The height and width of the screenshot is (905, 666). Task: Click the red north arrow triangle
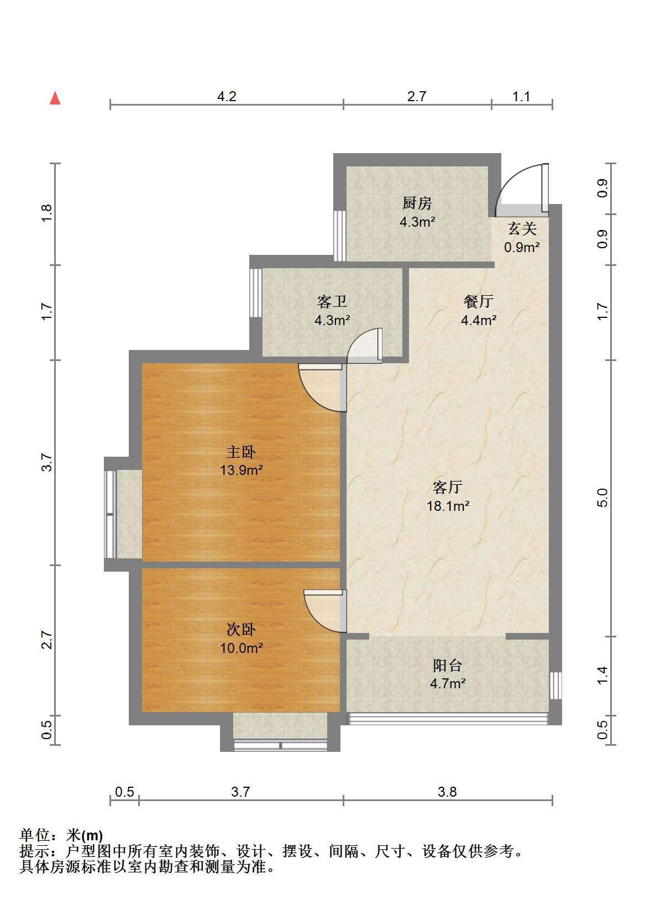[55, 98]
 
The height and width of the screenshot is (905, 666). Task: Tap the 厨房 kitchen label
[417, 203]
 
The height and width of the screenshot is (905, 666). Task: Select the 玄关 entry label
[522, 229]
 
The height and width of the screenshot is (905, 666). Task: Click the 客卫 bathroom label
[332, 301]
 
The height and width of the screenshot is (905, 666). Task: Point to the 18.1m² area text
[448, 505]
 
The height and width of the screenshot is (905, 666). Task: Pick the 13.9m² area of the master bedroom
[241, 470]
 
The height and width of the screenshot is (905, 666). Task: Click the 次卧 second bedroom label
[241, 630]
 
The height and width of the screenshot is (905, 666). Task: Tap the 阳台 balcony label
[448, 665]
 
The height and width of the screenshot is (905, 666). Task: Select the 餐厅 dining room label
[478, 301]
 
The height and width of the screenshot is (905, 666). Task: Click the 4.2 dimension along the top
[227, 97]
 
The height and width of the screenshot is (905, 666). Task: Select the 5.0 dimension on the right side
[602, 498]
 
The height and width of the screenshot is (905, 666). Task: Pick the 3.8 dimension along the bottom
[447, 792]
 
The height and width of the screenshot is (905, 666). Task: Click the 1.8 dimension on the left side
[47, 214]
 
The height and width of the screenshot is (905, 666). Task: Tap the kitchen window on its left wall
[340, 236]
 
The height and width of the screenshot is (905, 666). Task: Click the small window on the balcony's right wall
[556, 686]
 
